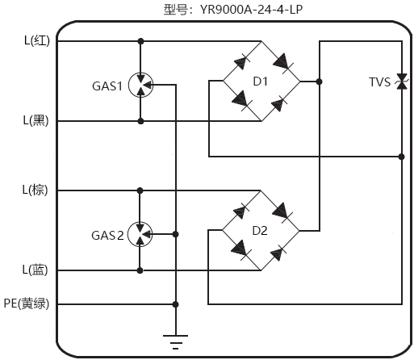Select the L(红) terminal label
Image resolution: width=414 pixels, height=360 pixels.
point(36,41)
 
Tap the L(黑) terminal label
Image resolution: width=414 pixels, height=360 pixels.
point(36,121)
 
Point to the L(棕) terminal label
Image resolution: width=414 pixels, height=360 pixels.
point(36,190)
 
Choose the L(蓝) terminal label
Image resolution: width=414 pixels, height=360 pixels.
point(36,270)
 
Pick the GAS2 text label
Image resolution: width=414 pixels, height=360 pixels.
point(107,236)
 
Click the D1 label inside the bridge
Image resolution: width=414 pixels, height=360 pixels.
point(260,81)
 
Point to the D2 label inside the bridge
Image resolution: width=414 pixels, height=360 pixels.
point(260,230)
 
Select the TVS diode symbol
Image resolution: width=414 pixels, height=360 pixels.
point(401,82)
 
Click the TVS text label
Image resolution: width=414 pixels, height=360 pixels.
point(379,82)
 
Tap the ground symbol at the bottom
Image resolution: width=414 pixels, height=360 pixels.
point(175,340)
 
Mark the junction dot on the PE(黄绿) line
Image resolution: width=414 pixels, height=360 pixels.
point(175,304)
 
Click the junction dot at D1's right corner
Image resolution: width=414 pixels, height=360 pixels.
point(320,82)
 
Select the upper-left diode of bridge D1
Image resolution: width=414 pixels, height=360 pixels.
point(240,61)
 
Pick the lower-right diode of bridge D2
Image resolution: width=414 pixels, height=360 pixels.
point(279,252)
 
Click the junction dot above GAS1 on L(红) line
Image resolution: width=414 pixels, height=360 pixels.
point(141,41)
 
